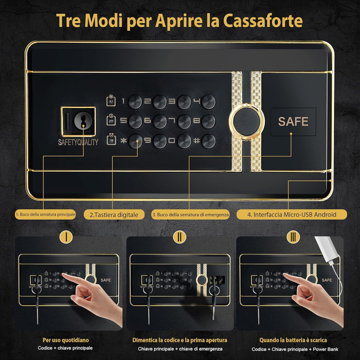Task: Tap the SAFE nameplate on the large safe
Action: [293, 122]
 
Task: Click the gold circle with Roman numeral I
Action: [65, 237]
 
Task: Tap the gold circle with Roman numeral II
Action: [179, 237]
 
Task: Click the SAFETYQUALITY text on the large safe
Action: [78, 142]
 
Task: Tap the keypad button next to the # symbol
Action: [209, 140]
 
